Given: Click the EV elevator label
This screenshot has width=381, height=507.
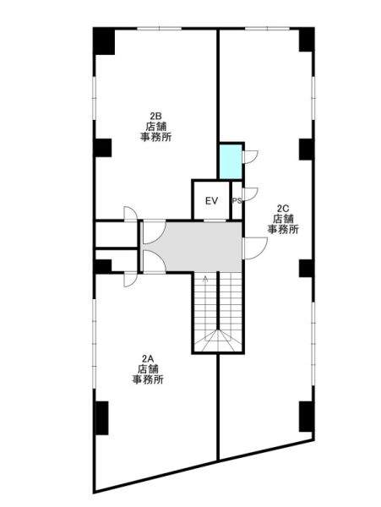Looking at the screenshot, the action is coord(212,201).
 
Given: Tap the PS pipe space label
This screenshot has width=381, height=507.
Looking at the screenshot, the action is coord(237,201).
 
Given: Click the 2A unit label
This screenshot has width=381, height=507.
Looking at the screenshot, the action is coord(148,358).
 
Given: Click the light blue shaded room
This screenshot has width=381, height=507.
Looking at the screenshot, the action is coord(231,161).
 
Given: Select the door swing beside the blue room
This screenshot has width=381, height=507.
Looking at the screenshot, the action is coord(249,157).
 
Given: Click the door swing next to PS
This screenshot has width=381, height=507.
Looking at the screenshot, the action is coord(249,194).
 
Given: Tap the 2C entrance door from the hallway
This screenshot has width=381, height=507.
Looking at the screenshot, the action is coord(254,248).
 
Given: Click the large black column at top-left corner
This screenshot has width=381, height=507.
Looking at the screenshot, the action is coord(104,41).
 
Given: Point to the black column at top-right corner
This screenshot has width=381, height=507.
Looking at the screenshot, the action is coord(307,40).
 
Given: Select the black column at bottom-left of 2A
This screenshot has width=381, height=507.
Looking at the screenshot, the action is coord(102,417).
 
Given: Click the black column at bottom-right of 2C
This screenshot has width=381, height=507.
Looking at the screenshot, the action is coord(307,417).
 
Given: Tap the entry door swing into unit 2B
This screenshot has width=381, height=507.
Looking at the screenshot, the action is coord(131,214).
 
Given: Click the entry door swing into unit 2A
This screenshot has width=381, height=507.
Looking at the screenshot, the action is coord(131,280).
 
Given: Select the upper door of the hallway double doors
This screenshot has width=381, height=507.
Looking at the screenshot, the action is coord(155,233).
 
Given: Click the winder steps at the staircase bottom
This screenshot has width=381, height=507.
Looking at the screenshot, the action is coord(218,341).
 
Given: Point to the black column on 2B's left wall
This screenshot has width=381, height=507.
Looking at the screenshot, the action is coord(103,148).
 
